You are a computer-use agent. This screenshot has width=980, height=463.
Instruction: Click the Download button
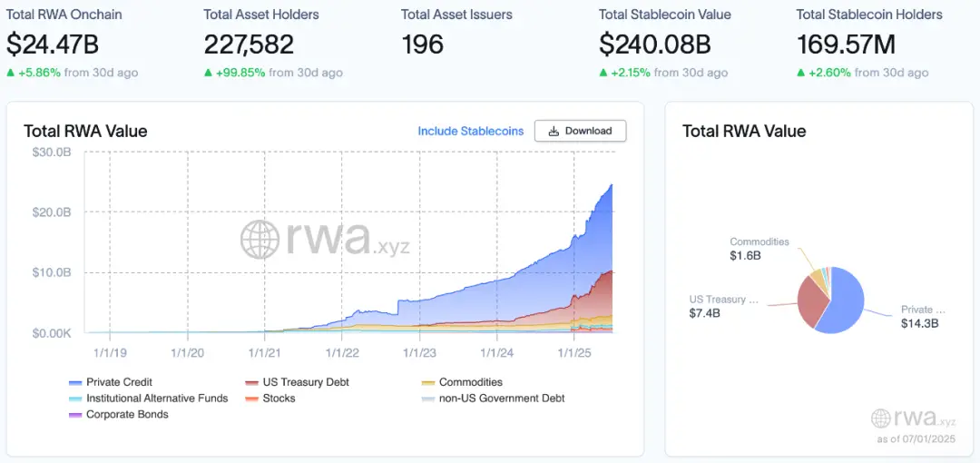580,131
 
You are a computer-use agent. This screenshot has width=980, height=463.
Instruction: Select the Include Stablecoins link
470,131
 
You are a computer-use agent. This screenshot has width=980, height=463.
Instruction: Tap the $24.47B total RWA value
53,44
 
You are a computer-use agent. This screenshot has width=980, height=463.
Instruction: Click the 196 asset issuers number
422,44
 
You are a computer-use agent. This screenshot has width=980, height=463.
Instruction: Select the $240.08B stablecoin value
655,44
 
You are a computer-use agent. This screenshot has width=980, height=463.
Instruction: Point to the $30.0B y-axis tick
52,152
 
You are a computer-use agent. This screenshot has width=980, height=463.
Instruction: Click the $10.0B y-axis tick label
52,272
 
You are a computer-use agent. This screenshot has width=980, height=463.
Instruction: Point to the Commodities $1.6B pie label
759,249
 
